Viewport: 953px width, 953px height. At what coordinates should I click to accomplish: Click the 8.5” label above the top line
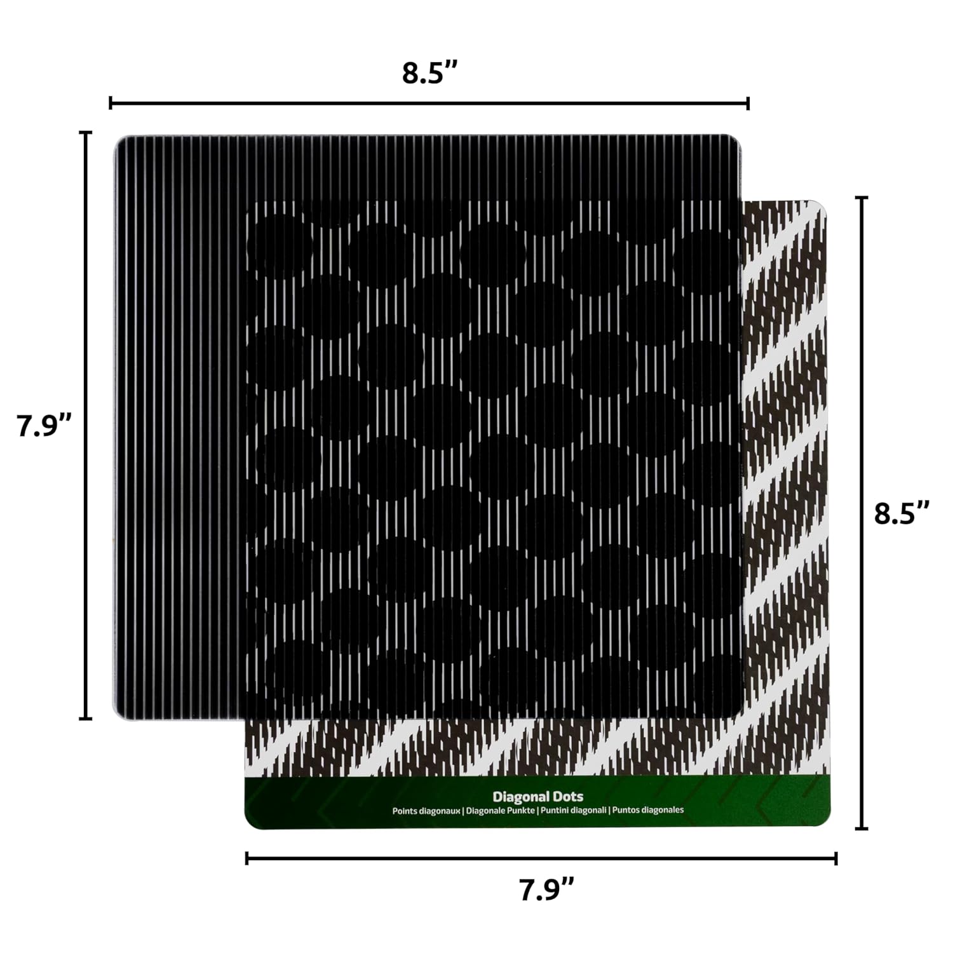(x=429, y=72)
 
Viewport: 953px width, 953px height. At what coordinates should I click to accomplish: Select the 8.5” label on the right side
(x=902, y=513)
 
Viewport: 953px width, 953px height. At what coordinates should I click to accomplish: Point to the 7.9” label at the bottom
(x=547, y=889)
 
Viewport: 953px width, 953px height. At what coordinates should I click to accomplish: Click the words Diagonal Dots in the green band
(x=537, y=796)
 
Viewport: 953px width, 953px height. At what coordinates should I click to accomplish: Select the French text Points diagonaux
(x=426, y=811)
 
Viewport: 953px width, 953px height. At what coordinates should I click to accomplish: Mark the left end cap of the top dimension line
(x=111, y=103)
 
